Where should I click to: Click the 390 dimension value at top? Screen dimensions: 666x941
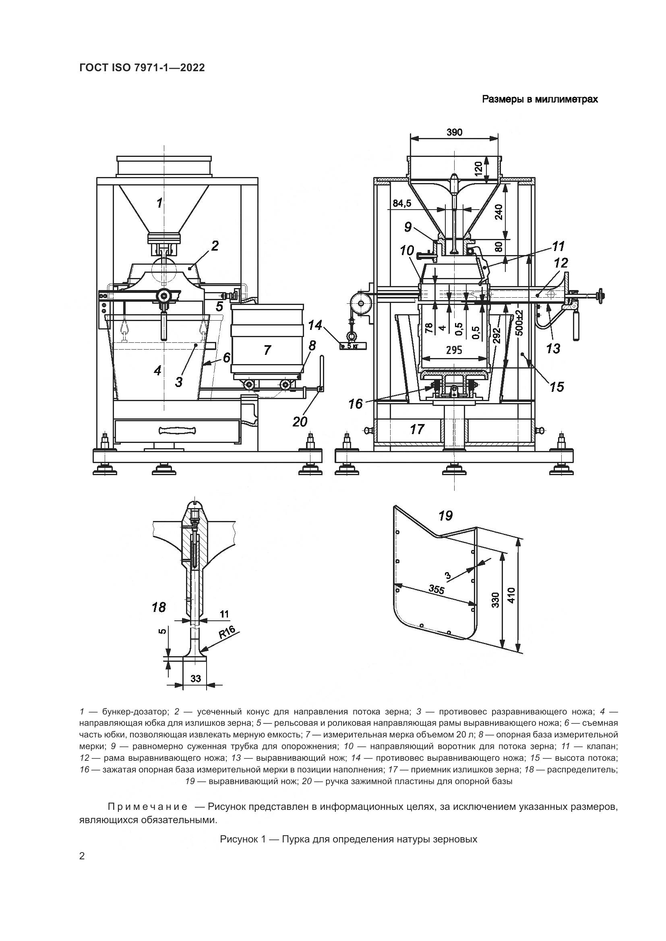(454, 132)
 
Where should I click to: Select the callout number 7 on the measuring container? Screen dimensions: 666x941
(267, 350)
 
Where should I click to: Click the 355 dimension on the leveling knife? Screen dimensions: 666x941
(436, 590)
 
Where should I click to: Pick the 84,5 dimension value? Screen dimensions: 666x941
(402, 203)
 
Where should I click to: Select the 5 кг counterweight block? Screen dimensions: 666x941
(352, 346)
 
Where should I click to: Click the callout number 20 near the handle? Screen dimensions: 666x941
(300, 421)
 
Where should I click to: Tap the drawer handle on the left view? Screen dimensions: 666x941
(177, 430)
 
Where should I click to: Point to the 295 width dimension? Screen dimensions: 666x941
(453, 350)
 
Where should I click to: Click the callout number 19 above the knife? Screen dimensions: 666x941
(445, 516)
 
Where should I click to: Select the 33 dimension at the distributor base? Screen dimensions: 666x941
(196, 679)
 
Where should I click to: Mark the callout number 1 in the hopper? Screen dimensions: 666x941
(159, 202)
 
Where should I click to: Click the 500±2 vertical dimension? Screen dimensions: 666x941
(520, 323)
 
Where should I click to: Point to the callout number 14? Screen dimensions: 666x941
(315, 325)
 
